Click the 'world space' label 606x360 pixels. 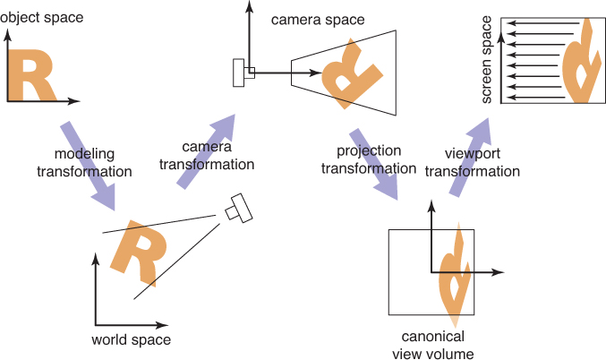click(131, 339)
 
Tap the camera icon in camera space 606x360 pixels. click(241, 73)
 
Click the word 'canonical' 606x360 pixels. click(431, 336)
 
